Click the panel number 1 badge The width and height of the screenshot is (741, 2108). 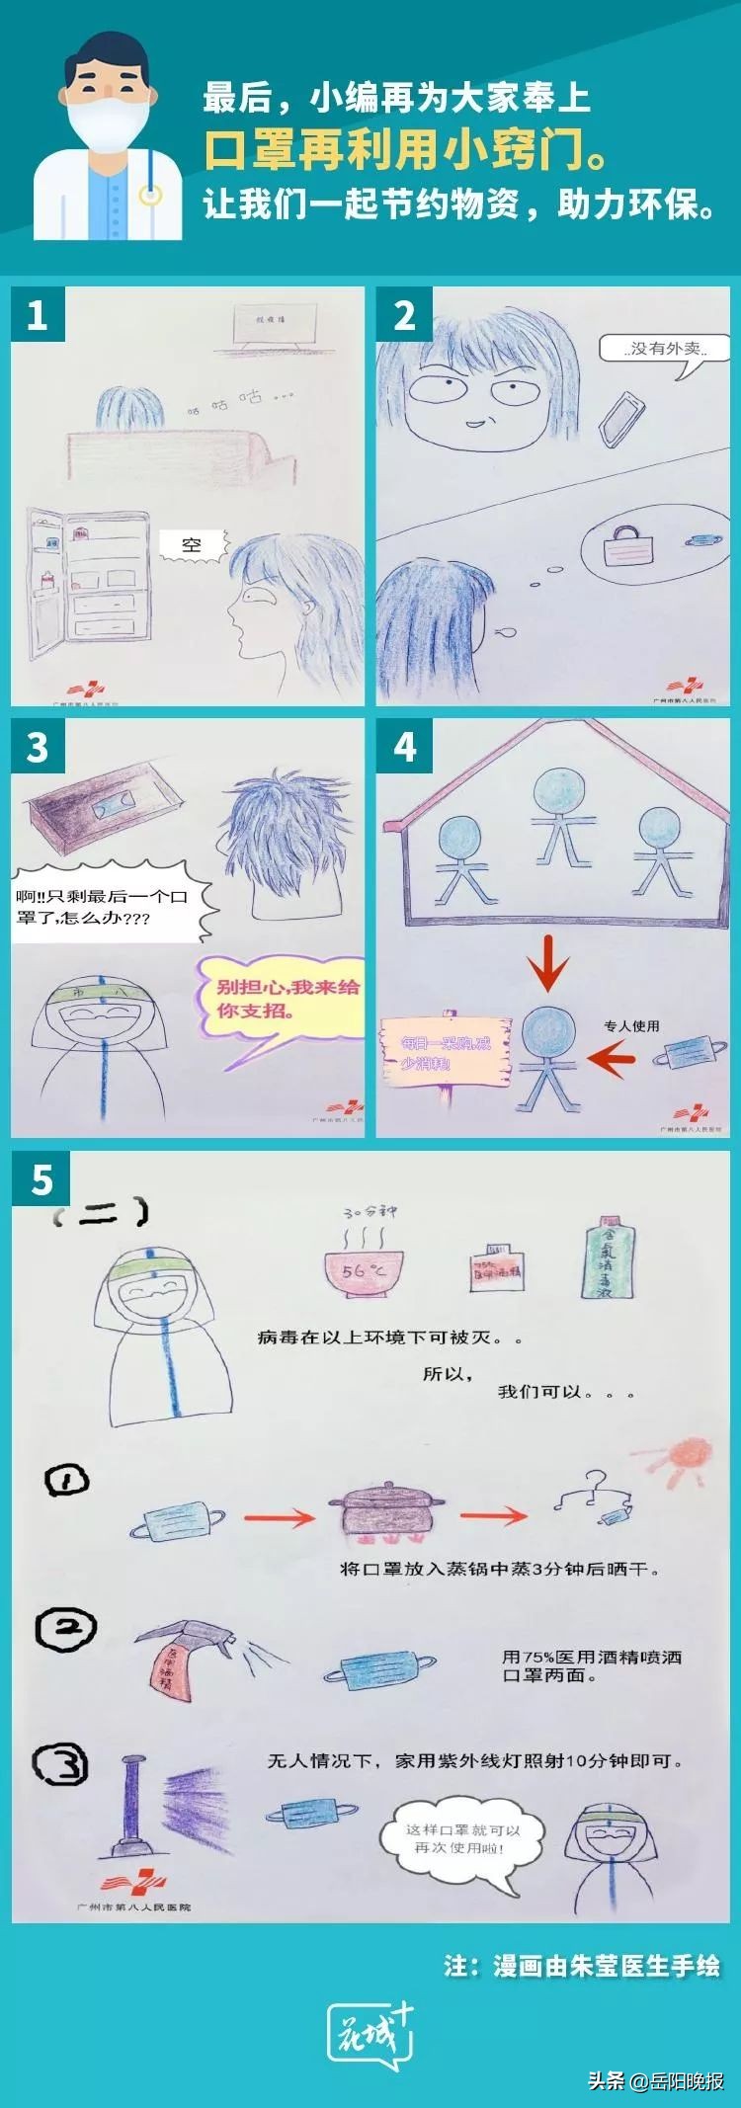[x=37, y=315]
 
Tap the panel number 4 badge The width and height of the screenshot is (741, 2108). [x=405, y=747]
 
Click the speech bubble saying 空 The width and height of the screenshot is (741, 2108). [x=193, y=544]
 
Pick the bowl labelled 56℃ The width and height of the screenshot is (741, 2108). [x=360, y=1266]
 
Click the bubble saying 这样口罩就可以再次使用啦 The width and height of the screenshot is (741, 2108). [x=460, y=1839]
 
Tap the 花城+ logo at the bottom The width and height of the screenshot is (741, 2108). [x=370, y=2037]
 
